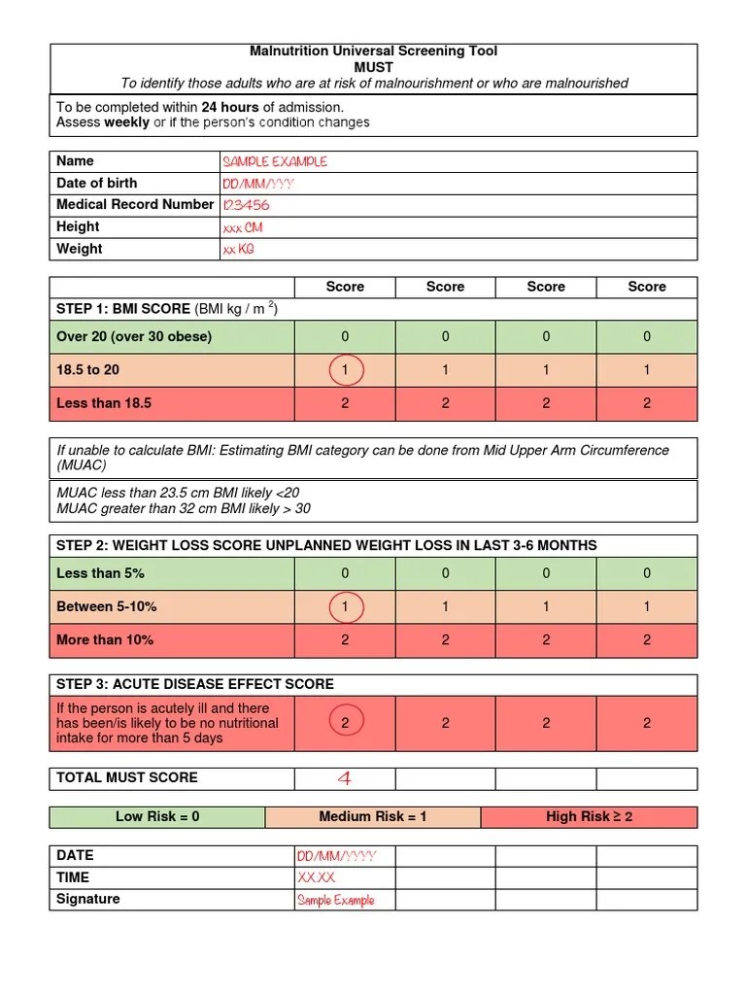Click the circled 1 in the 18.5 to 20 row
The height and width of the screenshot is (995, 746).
pos(345,370)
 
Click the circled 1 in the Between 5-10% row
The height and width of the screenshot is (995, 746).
pos(345,607)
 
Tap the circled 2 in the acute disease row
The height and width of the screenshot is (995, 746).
pos(345,723)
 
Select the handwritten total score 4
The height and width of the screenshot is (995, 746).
pos(344,779)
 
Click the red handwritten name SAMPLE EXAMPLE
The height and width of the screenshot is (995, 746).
pos(275,162)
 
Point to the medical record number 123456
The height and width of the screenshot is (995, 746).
pos(247,205)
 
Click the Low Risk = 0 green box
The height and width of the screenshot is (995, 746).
pos(157,817)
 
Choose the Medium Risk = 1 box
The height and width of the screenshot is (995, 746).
pos(373,817)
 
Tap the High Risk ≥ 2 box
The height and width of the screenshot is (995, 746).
pos(589,817)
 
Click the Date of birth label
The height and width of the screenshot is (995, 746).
pos(97,184)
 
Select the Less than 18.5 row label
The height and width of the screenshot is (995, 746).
pos(104,403)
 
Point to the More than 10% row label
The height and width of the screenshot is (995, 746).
pos(105,640)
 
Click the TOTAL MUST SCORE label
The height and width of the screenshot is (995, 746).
pos(127,778)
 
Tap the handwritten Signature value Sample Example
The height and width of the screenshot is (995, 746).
pos(335,901)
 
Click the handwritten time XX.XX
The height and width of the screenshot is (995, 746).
pos(317,878)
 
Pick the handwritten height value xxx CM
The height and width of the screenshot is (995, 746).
pos(243,227)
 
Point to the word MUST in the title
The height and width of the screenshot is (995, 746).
pos(373,67)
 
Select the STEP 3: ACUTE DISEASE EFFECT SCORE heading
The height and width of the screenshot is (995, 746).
pos(195,685)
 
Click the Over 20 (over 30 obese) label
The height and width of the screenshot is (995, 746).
pos(134,337)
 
